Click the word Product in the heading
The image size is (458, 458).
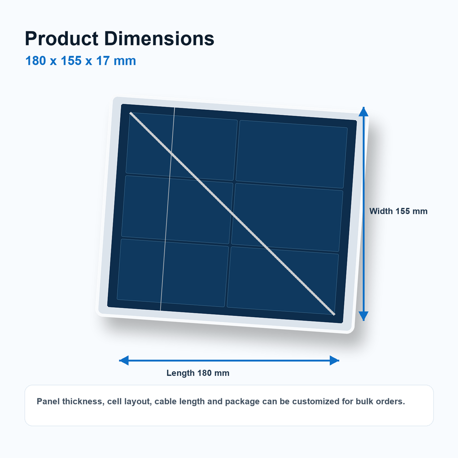(62, 39)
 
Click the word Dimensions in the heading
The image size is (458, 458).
(159, 39)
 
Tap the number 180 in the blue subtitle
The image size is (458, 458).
(36, 61)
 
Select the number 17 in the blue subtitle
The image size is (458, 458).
(103, 61)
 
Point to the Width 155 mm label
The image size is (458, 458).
(398, 211)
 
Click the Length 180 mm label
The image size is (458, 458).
(198, 373)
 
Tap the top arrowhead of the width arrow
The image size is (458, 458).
(364, 112)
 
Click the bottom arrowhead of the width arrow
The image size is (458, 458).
(364, 316)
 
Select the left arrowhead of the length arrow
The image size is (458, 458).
(124, 361)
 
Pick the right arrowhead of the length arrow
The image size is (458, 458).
(334, 361)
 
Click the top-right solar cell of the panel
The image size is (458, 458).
(291, 154)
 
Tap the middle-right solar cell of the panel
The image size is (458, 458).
(287, 218)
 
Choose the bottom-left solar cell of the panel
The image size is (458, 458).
(173, 273)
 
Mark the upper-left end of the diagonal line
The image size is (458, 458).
(131, 113)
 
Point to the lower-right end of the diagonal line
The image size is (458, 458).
(334, 314)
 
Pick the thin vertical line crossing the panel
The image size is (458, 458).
(167, 209)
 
